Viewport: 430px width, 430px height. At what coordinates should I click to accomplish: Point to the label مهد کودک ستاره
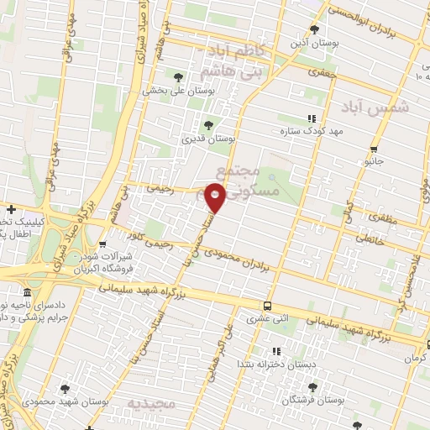(x=315, y=131)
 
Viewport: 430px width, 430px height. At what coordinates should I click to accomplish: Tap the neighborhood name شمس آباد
(x=375, y=107)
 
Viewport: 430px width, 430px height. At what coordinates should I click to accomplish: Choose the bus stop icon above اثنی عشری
(x=267, y=306)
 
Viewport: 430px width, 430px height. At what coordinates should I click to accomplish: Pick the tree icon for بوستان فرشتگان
(x=313, y=387)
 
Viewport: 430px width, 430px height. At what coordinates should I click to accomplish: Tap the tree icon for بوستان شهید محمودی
(x=66, y=388)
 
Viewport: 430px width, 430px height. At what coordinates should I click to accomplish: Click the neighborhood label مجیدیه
(x=151, y=404)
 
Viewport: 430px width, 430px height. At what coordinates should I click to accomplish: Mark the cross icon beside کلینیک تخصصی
(x=10, y=208)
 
